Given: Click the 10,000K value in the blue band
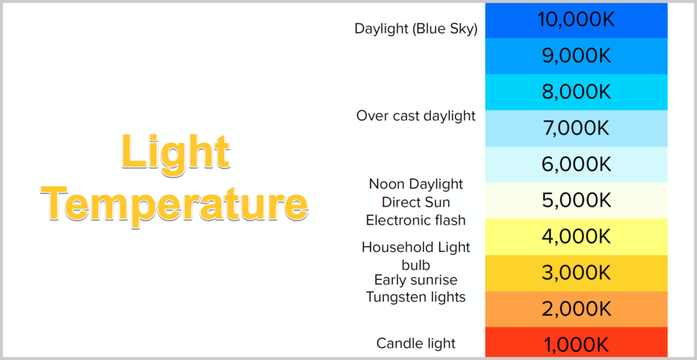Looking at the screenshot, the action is coord(576,20).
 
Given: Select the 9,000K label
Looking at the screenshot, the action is coord(576,56).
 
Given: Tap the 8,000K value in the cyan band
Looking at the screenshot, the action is coord(576,92).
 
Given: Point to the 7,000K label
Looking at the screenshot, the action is coord(576,129).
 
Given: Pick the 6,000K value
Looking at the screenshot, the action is coord(576,165).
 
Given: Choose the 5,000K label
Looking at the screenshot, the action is coord(576,201).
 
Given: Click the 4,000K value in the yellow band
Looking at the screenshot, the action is coord(576,236).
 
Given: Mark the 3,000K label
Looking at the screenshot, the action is coord(576,273).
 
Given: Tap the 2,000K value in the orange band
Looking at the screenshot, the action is coord(576,309).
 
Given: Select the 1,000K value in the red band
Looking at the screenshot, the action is coord(576,345).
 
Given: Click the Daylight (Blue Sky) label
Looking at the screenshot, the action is coord(416,29).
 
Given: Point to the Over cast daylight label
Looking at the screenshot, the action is coord(416,116).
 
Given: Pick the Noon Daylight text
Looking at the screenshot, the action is coord(416,184).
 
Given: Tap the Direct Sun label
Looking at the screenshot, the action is coord(416,202).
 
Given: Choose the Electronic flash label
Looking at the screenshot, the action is coord(416,220).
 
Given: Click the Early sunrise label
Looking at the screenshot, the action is coord(416,280).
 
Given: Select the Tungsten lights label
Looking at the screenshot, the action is coord(416,297).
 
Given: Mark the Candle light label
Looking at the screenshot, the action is coord(416,343).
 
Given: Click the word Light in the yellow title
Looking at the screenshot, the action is coord(176,152).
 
